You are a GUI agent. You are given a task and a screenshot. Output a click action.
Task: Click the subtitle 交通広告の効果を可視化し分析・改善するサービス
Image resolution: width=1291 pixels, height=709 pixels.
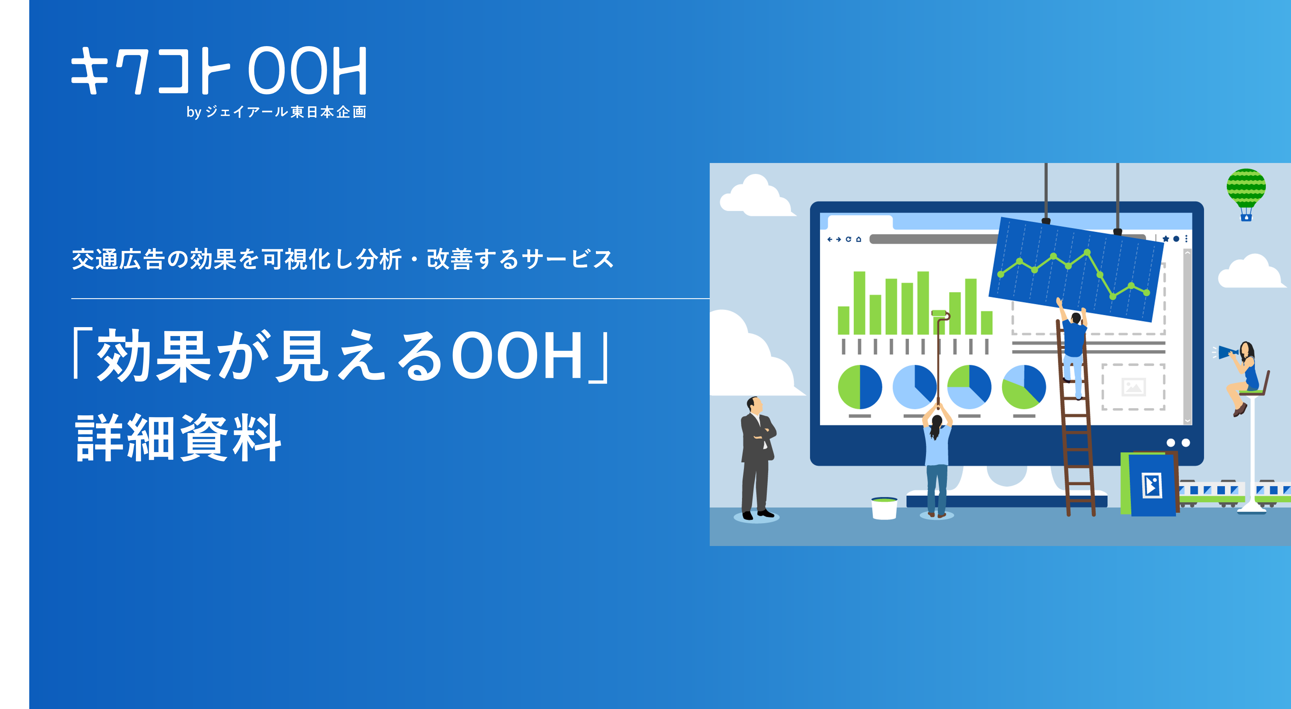(343, 259)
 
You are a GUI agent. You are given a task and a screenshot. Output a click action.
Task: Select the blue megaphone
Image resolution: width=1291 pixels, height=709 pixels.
(1227, 352)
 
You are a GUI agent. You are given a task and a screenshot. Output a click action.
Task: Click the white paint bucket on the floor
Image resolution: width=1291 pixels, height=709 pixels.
(884, 508)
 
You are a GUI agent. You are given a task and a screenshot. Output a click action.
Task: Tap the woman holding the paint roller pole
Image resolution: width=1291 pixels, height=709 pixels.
(937, 461)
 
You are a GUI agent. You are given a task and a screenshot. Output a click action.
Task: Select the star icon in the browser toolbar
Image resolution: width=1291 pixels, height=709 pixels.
(1166, 239)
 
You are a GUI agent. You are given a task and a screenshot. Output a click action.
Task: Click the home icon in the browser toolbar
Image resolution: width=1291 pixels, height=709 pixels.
(859, 239)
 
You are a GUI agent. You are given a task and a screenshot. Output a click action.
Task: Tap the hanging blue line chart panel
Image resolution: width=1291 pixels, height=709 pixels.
(1077, 269)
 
